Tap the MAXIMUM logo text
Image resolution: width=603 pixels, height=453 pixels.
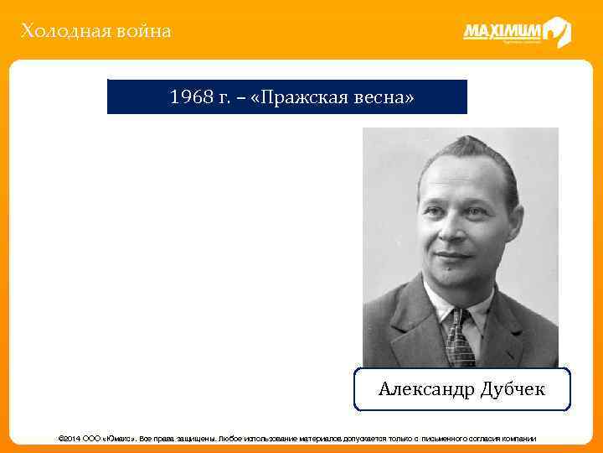coord(502,32)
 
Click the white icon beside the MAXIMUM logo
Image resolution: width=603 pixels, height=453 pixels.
coord(557,32)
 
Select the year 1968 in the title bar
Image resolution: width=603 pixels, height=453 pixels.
coord(189,98)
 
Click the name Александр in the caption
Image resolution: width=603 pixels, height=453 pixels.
coord(425,389)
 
